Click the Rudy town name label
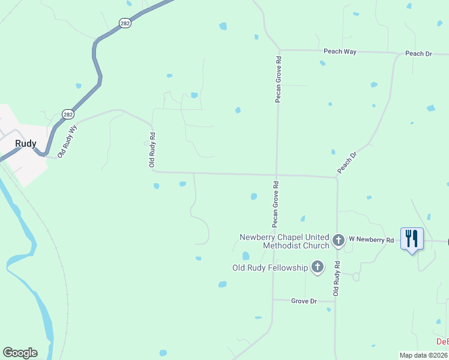[x=26, y=144]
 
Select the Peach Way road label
[x=340, y=52]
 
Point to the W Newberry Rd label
[x=372, y=240]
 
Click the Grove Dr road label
[x=304, y=301]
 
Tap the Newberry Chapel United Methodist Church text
[x=285, y=241]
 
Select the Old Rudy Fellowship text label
[x=270, y=268]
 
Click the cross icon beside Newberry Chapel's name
[x=339, y=241]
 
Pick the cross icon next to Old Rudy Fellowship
[x=317, y=268]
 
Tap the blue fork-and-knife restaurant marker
[x=412, y=239]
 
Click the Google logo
[x=20, y=353]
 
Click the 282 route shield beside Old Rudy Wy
[x=68, y=114]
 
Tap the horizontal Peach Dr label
[x=418, y=53]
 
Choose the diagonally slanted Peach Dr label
[x=347, y=163]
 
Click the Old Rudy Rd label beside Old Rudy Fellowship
[x=336, y=278]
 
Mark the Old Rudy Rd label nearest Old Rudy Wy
[x=152, y=150]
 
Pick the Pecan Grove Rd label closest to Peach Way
[x=279, y=80]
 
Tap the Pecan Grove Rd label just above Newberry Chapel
[x=275, y=204]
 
